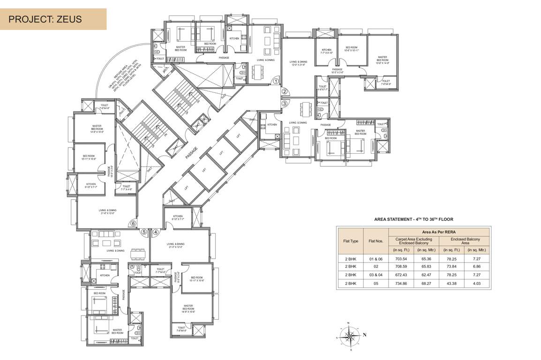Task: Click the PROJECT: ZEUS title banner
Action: pyautogui.click(x=53, y=19)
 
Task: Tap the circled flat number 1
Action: pyautogui.click(x=277, y=81)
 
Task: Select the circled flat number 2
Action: pyautogui.click(x=284, y=92)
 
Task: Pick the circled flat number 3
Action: pyautogui.click(x=284, y=103)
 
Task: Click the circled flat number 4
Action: pyautogui.click(x=156, y=231)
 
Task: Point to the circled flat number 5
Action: pyautogui.click(x=144, y=231)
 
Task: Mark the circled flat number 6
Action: pyautogui.click(x=133, y=224)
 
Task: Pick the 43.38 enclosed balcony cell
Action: pyautogui.click(x=451, y=283)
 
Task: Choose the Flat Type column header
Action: pyautogui.click(x=351, y=241)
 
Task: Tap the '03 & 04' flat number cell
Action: pyautogui.click(x=376, y=275)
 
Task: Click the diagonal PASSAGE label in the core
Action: pyautogui.click(x=191, y=153)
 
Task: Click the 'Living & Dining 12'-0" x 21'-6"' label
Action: pyautogui.click(x=298, y=63)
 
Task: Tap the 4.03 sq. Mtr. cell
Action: pyautogui.click(x=476, y=283)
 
